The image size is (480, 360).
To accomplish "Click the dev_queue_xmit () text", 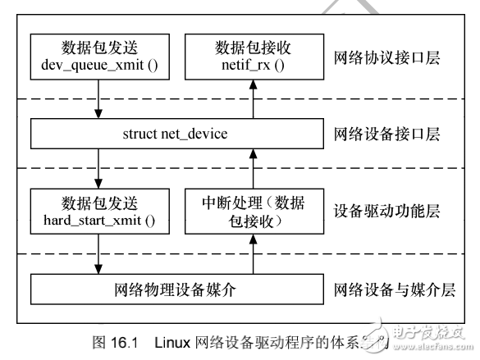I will point(100,63).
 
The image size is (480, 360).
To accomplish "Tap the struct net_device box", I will point(176,133).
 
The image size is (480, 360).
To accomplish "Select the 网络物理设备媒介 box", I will point(176,289).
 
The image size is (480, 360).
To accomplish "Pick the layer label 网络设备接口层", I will point(387,133).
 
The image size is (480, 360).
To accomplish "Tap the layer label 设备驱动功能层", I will point(387,211).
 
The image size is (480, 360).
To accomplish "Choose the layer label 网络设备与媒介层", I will point(394,289).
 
